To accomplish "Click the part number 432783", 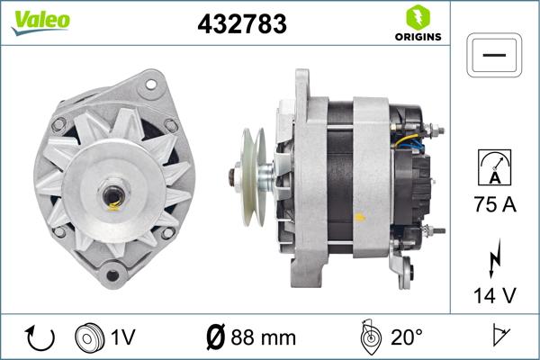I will (x=241, y=24).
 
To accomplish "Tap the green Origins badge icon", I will (x=417, y=17).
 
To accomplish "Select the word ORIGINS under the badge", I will (x=417, y=39).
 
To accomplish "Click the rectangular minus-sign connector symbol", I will (x=494, y=55).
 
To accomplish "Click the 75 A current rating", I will (x=494, y=204).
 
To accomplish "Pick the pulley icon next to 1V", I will (x=88, y=337).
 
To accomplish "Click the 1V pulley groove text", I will (x=123, y=337).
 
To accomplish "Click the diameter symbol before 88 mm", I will (x=217, y=337).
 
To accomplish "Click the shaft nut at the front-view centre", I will (x=112, y=194).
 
